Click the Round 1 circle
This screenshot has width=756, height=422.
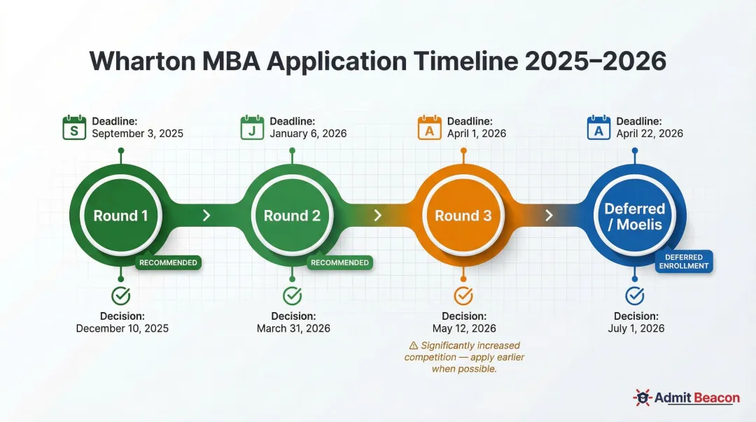click(120, 215)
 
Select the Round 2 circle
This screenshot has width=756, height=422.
click(292, 215)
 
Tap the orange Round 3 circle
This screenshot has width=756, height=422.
click(463, 215)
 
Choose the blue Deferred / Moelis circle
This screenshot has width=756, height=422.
click(634, 215)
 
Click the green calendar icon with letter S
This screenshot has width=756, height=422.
click(73, 127)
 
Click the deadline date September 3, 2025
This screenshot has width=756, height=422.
click(137, 134)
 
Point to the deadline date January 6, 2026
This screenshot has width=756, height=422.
click(308, 134)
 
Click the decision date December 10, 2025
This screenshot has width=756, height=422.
click(122, 328)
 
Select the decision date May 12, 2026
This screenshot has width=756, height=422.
click(464, 328)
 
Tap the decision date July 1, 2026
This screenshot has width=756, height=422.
click(636, 328)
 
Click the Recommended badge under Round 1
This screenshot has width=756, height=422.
click(168, 262)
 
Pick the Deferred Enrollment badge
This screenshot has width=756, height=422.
click(683, 262)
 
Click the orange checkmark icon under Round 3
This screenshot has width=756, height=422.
click(463, 295)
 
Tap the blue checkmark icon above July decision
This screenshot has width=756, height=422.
click(635, 295)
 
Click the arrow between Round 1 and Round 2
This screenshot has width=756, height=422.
click(206, 215)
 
